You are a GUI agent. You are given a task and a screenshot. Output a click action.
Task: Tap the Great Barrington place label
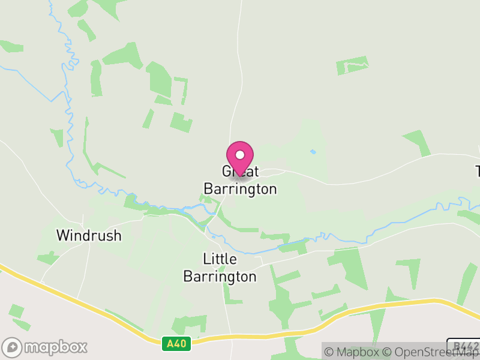(240, 180)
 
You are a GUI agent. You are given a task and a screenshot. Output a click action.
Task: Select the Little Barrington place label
(220, 268)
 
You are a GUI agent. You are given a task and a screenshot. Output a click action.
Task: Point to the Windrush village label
(89, 235)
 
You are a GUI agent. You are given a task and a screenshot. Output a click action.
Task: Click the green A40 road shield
(176, 344)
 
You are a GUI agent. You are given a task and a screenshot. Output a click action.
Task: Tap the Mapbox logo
(46, 347)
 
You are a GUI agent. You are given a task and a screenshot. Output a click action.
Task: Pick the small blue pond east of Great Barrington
(313, 152)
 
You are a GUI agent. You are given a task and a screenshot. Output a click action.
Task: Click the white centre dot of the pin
(240, 155)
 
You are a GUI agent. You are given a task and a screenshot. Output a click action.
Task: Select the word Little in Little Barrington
(220, 259)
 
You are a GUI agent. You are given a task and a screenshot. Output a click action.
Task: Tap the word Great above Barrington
(240, 171)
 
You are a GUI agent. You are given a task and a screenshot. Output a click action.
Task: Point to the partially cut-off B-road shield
(464, 347)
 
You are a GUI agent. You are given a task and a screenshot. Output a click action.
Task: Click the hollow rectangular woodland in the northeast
(352, 65)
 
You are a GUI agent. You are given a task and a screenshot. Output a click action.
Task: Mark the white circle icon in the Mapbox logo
(13, 347)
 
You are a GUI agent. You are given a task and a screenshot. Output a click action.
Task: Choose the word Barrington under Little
(220, 277)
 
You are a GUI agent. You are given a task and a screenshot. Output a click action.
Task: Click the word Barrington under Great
(240, 189)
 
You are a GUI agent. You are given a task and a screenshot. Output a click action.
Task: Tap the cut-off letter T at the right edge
(477, 170)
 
